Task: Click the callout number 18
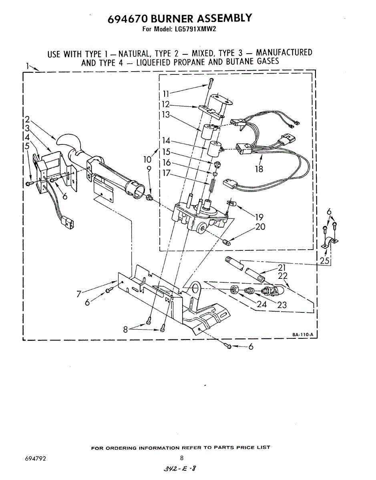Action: [259, 169]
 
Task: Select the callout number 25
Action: [324, 261]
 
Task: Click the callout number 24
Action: [262, 304]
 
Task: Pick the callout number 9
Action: [149, 169]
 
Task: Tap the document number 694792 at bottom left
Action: [35, 459]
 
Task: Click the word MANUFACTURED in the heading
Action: [284, 52]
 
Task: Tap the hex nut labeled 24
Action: [235, 289]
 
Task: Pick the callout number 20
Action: [260, 227]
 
